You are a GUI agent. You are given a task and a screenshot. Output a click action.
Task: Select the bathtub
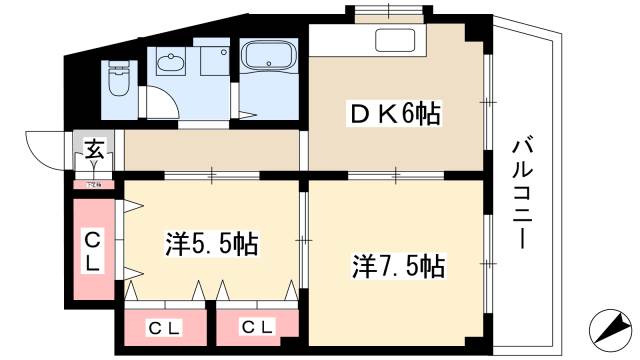(272, 58)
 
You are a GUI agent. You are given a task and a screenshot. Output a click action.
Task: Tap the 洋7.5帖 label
(397, 266)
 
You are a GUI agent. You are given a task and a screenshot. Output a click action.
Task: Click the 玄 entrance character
(93, 151)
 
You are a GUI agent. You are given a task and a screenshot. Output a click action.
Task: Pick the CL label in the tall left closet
(91, 252)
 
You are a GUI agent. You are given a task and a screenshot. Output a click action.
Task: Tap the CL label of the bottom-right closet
(258, 326)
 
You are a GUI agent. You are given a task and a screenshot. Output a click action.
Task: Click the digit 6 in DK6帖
(402, 115)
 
